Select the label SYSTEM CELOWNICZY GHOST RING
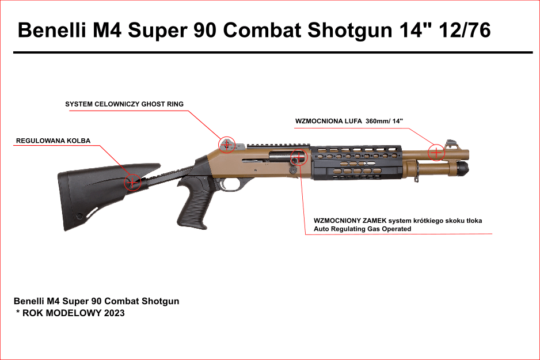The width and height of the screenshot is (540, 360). pyautogui.click(x=124, y=104)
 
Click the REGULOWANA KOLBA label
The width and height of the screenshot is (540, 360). pyautogui.click(x=53, y=141)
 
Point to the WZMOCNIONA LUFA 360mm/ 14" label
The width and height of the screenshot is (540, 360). pyautogui.click(x=349, y=122)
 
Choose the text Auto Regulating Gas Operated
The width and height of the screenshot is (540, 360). pyautogui.click(x=362, y=229)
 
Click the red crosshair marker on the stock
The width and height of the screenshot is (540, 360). pyautogui.click(x=132, y=182)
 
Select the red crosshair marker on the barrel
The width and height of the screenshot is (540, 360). pyautogui.click(x=437, y=152)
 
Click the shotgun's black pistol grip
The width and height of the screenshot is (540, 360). pyautogui.click(x=192, y=204)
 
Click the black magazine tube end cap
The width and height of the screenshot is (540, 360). pyautogui.click(x=464, y=168)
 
